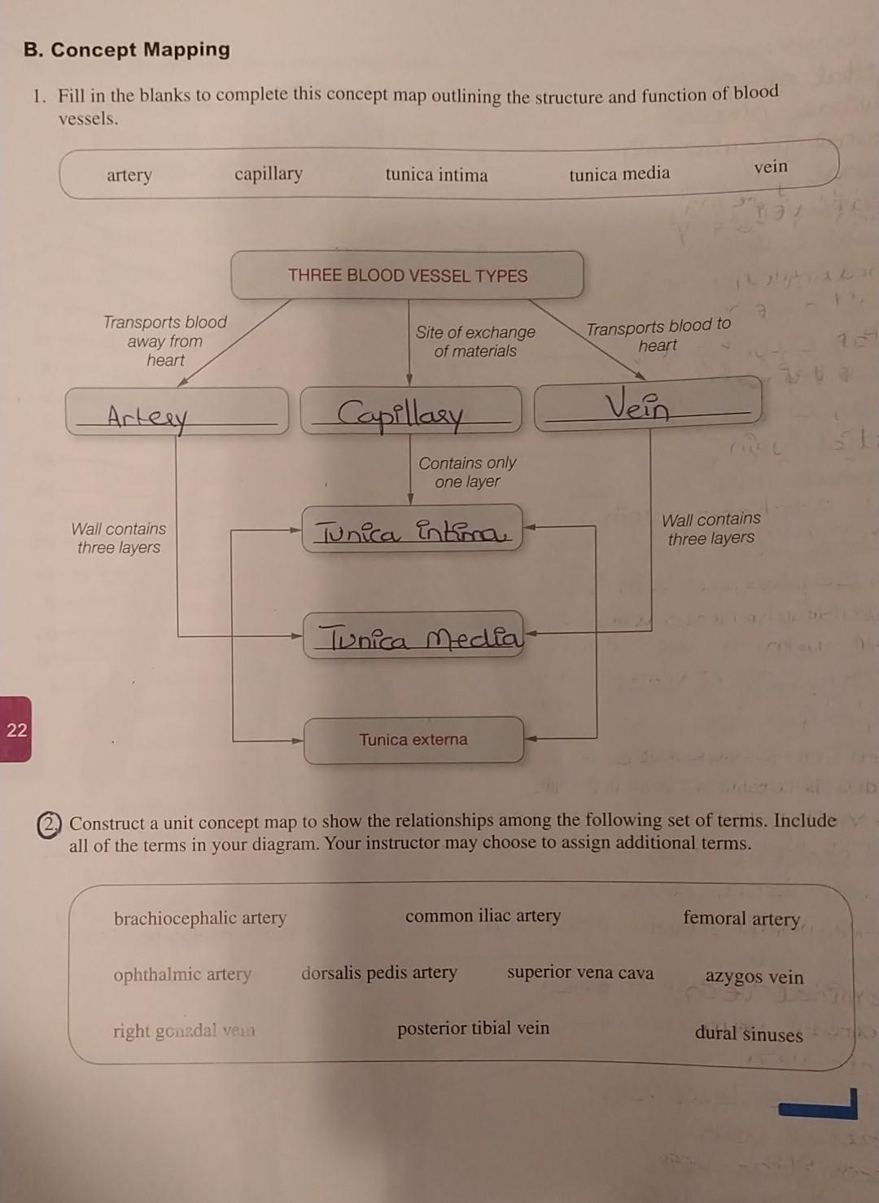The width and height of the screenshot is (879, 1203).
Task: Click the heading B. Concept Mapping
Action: [x=127, y=50]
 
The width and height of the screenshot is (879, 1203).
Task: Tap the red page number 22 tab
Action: [x=16, y=729]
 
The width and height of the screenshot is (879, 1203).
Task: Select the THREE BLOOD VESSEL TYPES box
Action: [x=407, y=275]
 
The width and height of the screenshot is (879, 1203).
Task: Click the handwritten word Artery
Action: [x=147, y=418]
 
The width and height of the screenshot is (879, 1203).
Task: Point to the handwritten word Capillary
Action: [x=400, y=413]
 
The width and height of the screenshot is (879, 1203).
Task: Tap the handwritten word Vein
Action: [x=637, y=405]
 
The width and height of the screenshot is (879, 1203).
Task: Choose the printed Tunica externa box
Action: [x=413, y=740]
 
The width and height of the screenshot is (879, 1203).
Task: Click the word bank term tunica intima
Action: [x=436, y=175]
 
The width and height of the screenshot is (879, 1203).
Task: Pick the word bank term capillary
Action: [x=269, y=173]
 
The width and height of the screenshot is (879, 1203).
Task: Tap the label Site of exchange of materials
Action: [x=475, y=341]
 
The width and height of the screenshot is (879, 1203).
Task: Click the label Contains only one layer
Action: [x=467, y=472]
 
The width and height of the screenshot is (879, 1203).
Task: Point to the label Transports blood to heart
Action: [x=658, y=336]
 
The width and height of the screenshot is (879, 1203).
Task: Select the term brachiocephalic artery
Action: [x=200, y=918]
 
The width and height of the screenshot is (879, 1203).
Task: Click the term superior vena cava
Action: [x=580, y=972]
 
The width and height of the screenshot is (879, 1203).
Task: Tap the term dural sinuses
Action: [x=749, y=1034]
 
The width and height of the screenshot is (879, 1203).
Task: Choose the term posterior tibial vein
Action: [x=473, y=1029]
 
